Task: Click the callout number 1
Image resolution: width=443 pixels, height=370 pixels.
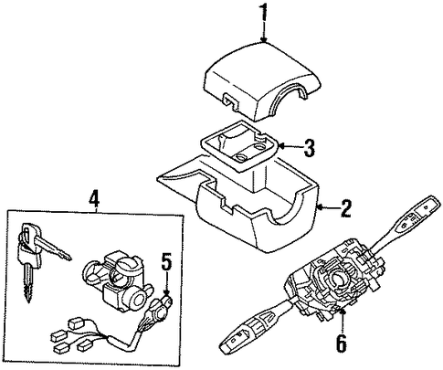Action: tap(264, 12)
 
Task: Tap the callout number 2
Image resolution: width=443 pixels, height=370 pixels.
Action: tap(346, 208)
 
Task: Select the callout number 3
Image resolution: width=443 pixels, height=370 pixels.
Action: tap(309, 147)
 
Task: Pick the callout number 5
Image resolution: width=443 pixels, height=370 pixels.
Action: tap(166, 262)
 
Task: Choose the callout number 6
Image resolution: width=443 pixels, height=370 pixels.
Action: tap(342, 344)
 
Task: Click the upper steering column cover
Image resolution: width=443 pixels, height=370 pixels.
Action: tap(262, 82)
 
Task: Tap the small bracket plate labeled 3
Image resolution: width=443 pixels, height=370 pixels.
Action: tap(240, 145)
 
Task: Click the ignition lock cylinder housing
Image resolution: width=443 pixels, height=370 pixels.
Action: tap(117, 280)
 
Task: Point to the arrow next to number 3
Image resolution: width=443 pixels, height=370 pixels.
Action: tap(290, 147)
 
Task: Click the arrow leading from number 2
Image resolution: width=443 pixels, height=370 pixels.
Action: tap(327, 207)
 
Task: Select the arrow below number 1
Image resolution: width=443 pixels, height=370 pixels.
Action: tap(264, 32)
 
